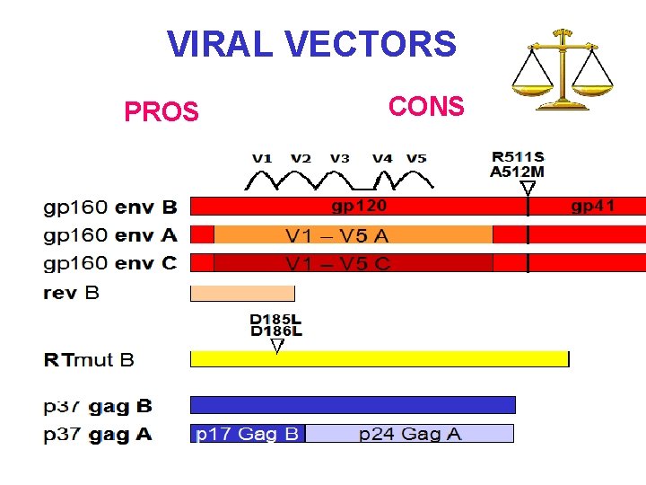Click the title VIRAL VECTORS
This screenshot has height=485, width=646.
coord(311,43)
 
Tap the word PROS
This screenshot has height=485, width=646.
coord(161,112)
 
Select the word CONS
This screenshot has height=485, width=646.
coord(426,107)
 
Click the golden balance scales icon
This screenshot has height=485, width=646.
coord(563,69)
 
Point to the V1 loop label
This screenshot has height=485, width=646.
coord(262,158)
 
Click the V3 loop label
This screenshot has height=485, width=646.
coord(339,158)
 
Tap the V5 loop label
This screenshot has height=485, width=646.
coord(416,158)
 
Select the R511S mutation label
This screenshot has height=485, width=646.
coord(518,157)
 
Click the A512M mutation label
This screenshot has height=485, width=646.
coord(518,172)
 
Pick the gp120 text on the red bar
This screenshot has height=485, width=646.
coord(359,207)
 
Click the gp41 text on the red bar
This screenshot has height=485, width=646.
coord(593,207)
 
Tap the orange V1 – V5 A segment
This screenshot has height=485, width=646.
coord(354,235)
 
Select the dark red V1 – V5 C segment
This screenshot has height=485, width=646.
coord(354,263)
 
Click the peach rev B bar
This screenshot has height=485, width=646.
coord(242,294)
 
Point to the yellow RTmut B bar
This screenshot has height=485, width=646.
coord(380,359)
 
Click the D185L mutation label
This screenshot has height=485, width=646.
coord(275,319)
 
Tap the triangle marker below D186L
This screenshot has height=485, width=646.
coord(277,345)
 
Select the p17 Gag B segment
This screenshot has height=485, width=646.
coord(248,434)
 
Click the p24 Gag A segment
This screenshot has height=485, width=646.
coord(410,434)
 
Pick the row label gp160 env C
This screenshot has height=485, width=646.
coord(110,263)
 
